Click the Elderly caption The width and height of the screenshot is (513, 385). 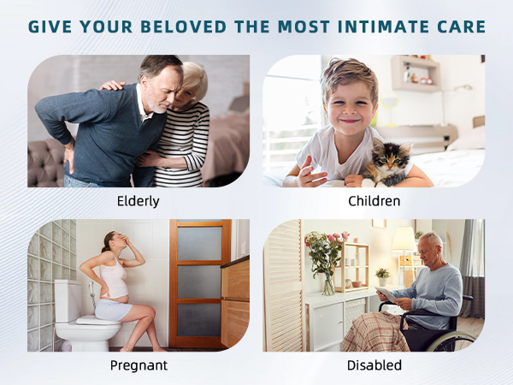tap(139, 202)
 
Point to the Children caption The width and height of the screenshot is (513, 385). tap(374, 202)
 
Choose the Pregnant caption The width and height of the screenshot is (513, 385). tap(139, 365)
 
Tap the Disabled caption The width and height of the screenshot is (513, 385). tap(374, 365)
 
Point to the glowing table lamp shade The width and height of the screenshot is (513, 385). tap(404, 239)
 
